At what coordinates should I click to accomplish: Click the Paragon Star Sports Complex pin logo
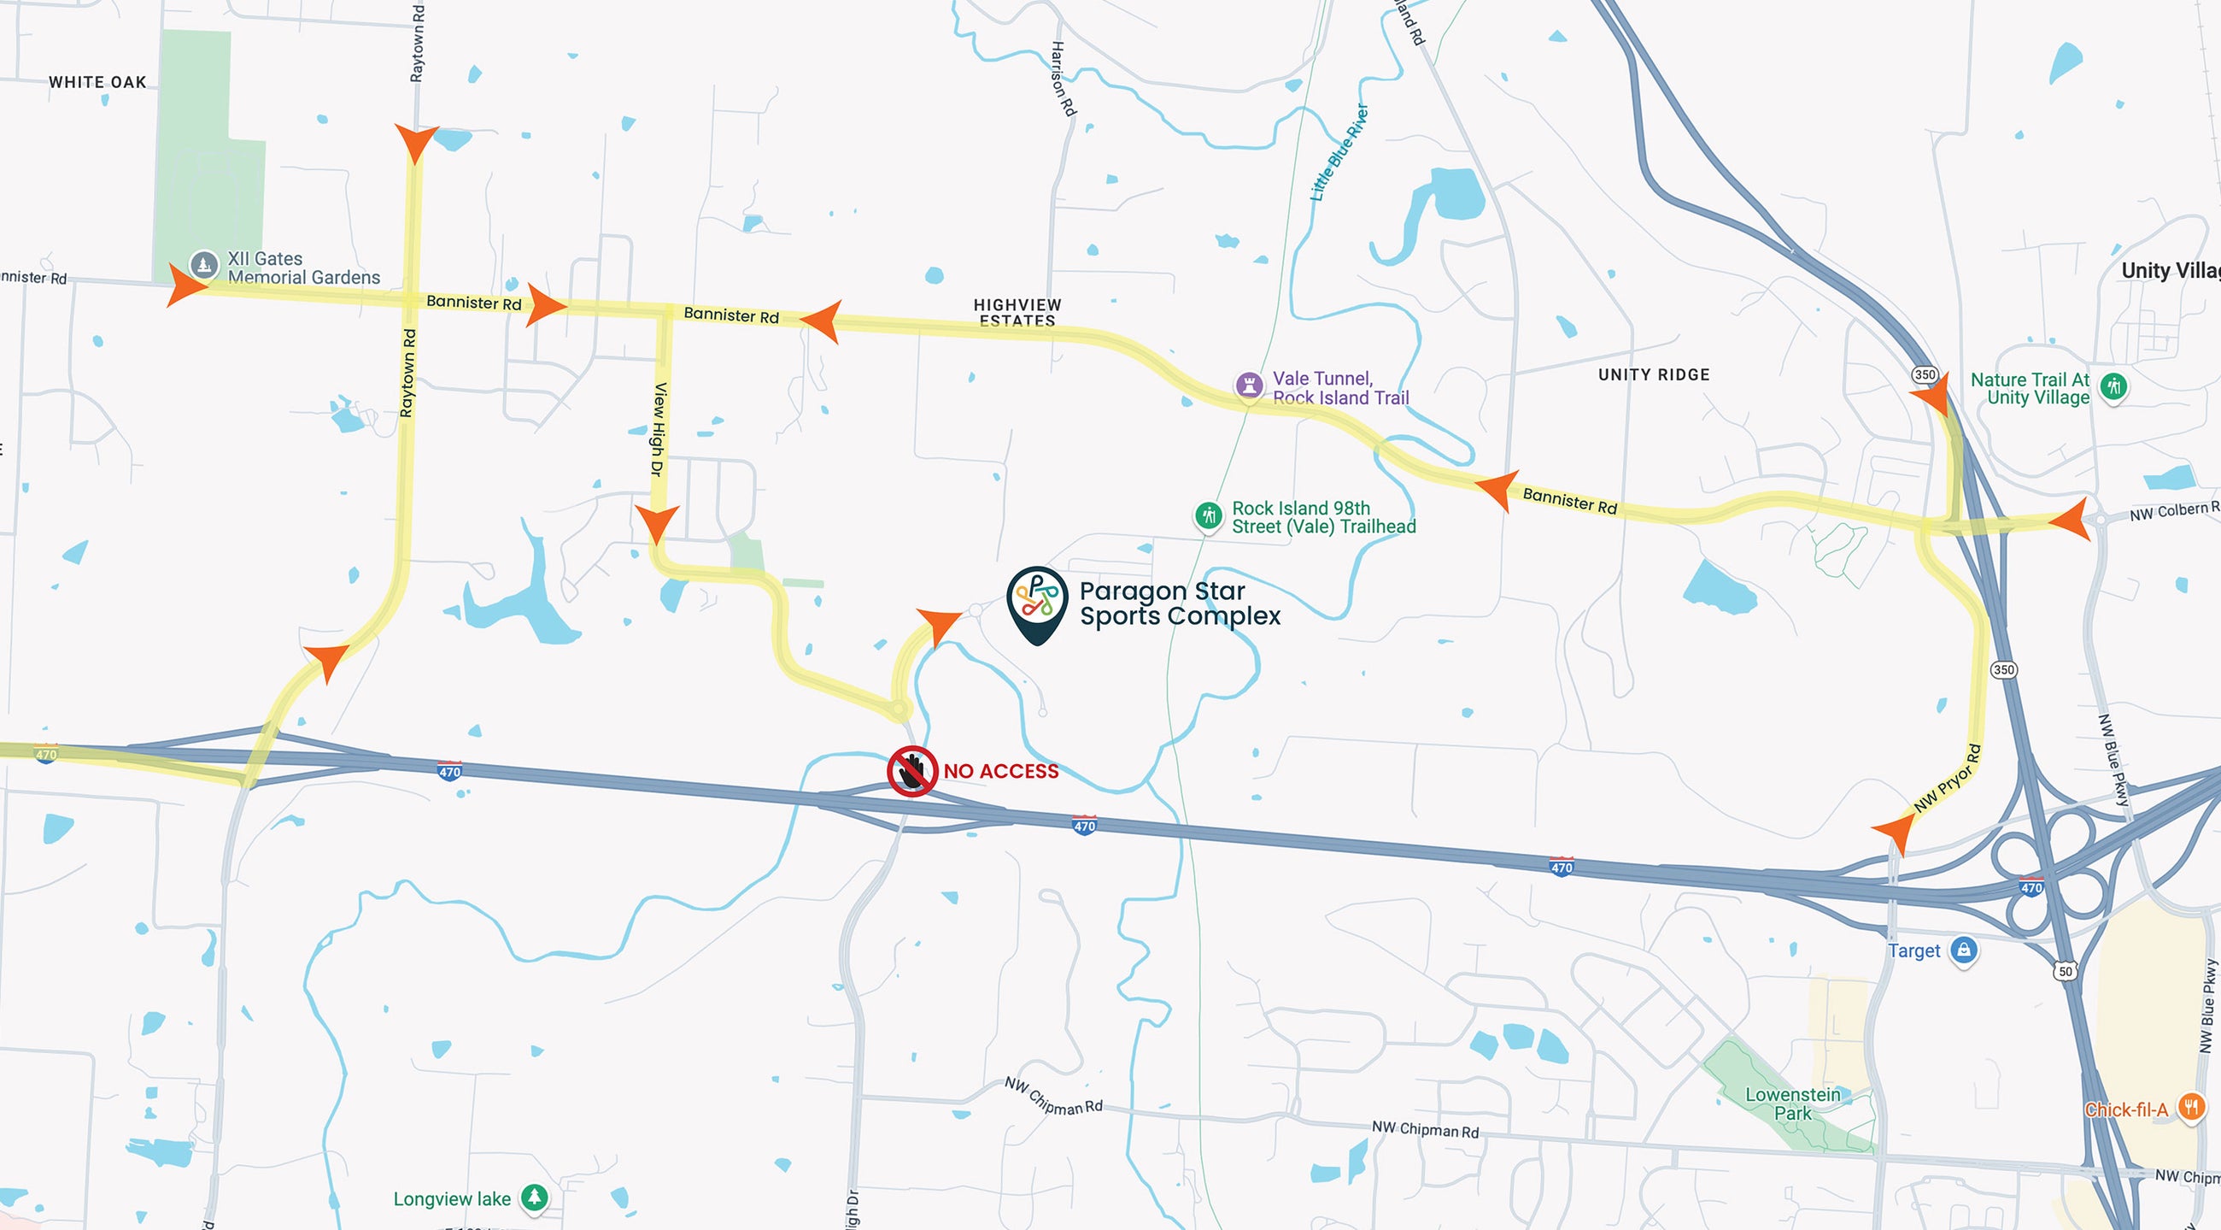point(1036,600)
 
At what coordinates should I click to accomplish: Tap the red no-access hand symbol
point(912,770)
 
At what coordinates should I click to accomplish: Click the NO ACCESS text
point(1001,771)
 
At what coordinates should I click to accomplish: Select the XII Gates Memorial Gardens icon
point(203,264)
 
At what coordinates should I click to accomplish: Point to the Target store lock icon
point(1963,950)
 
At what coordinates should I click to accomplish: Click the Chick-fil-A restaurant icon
point(2191,1107)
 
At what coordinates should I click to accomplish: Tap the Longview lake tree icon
point(535,1198)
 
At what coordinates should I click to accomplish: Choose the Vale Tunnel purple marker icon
point(1248,385)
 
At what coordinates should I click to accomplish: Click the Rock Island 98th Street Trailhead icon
point(1208,515)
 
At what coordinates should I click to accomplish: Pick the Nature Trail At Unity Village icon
point(2113,386)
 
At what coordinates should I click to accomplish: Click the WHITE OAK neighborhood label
point(97,82)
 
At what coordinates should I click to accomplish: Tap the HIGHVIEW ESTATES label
point(1017,312)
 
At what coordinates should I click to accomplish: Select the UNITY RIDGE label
point(1654,374)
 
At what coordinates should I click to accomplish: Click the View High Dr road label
point(659,429)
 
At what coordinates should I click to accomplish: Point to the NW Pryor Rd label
point(1947,778)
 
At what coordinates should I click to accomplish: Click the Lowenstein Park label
point(1792,1103)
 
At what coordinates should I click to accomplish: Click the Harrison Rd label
point(1062,79)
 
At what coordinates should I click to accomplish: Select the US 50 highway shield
point(2065,971)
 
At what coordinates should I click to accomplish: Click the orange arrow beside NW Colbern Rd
point(2071,519)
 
